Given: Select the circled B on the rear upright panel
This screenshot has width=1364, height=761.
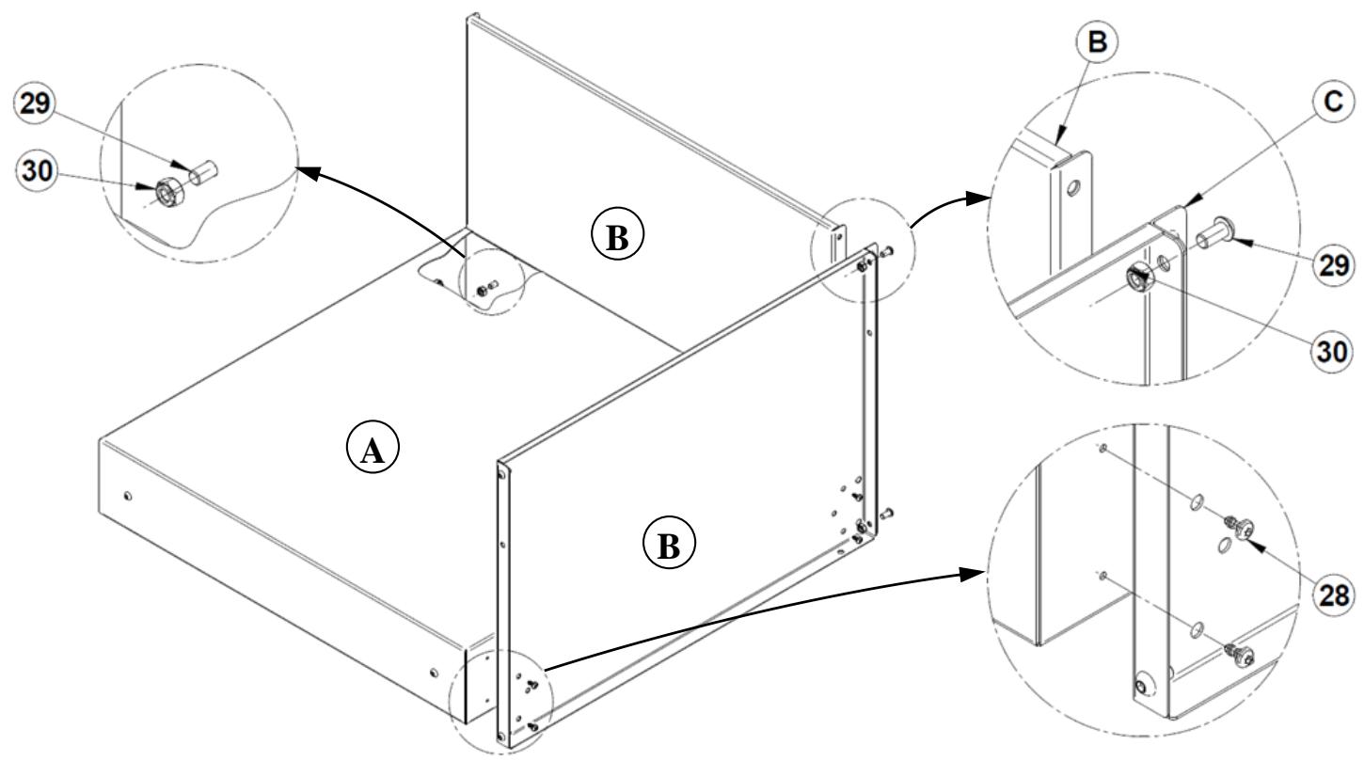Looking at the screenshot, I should coord(615,237).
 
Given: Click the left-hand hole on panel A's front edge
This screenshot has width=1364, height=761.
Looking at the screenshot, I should coord(129,496).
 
